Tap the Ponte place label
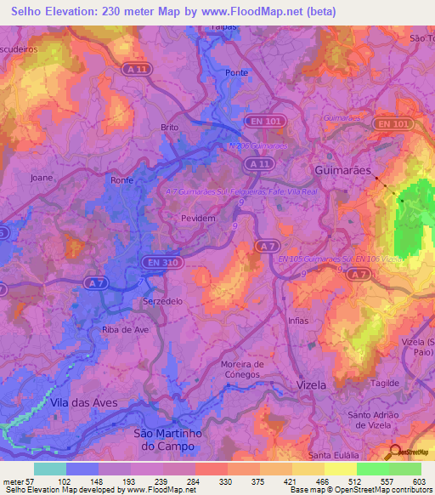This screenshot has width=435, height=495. tap(236, 73)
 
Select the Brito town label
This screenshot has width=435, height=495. tap(170, 127)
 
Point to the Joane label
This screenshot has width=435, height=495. tap(42, 179)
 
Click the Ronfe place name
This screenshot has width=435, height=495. tap(122, 180)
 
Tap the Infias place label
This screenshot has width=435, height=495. tap(298, 321)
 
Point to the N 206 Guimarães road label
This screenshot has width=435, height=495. tap(259, 145)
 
